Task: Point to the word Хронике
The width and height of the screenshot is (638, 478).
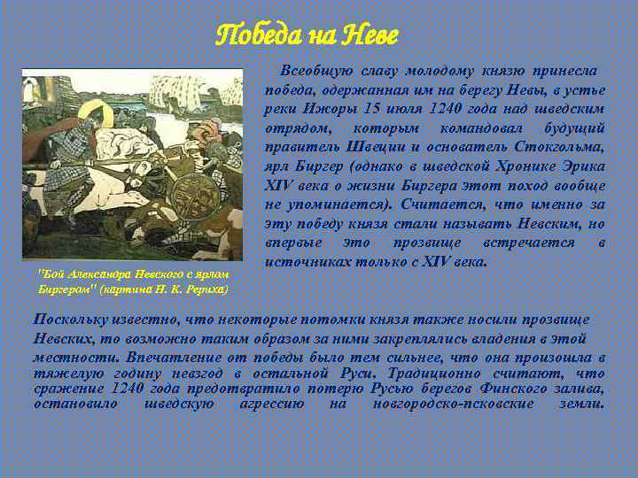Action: point(514,166)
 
